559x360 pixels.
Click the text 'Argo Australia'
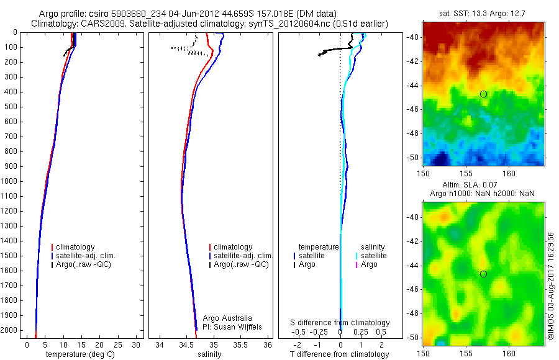click(x=227, y=318)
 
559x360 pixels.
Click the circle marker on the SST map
click(x=483, y=94)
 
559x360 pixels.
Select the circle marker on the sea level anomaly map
click(x=483, y=274)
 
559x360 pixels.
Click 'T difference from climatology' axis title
click(x=340, y=354)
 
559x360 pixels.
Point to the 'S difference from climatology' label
click(x=340, y=323)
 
